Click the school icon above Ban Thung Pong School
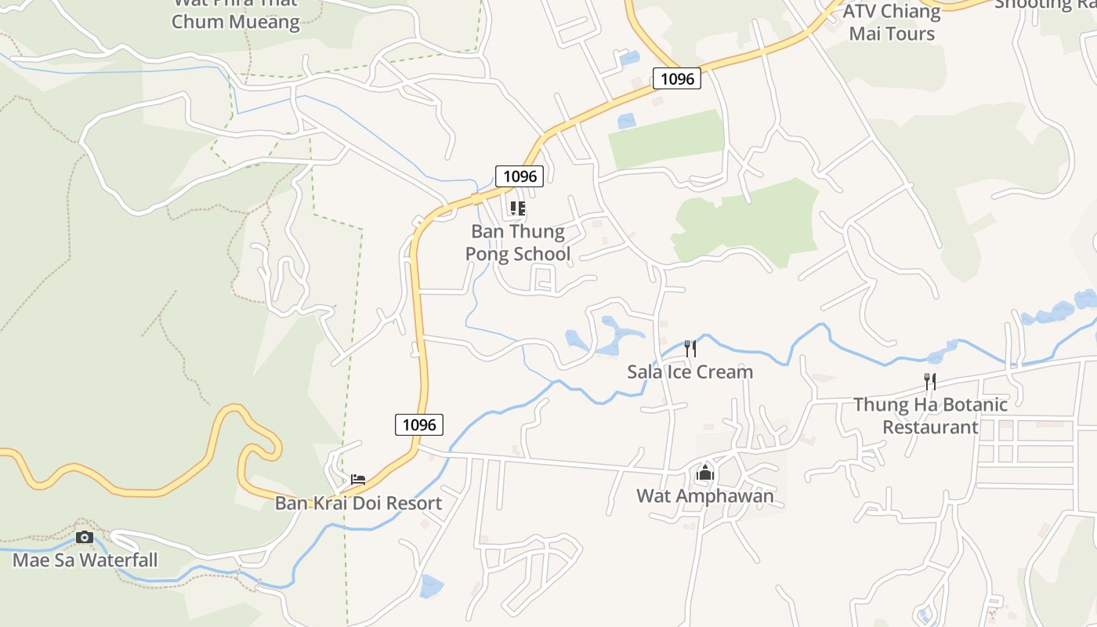[517, 208]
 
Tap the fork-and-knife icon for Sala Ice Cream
[690, 348]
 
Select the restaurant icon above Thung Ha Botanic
[930, 382]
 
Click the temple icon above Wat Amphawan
[705, 473]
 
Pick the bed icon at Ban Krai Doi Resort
[358, 479]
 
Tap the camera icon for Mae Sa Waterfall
[85, 537]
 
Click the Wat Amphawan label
[704, 496]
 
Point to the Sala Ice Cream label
[690, 372]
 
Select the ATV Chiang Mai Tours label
[892, 23]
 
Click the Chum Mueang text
[235, 21]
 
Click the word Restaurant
[930, 427]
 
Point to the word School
[541, 254]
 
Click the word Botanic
[969, 405]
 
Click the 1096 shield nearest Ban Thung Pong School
[519, 176]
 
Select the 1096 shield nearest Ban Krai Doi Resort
[418, 425]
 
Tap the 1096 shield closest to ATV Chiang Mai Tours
[676, 78]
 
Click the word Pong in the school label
[485, 254]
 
